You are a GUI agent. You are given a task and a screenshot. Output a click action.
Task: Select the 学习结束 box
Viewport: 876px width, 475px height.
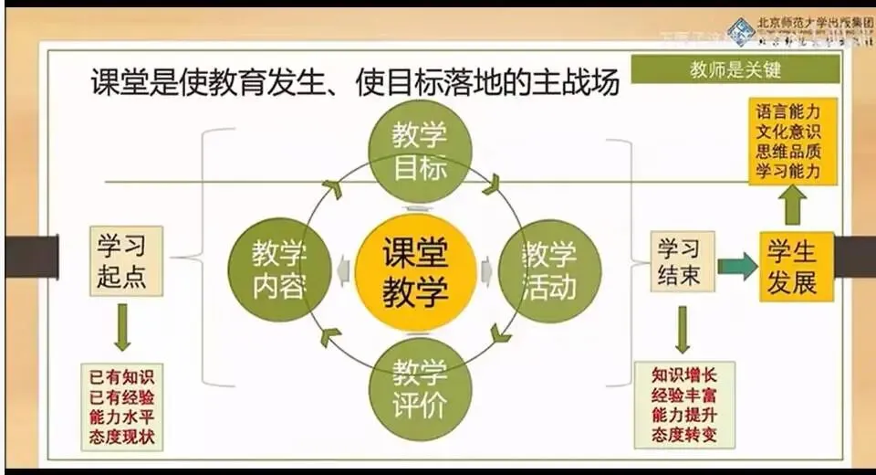pos(681,260)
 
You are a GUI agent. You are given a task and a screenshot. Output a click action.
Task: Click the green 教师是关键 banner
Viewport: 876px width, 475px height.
pos(735,69)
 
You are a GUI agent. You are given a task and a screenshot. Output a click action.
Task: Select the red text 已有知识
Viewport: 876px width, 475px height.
pos(122,375)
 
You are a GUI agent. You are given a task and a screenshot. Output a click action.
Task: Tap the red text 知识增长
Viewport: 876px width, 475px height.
pos(684,375)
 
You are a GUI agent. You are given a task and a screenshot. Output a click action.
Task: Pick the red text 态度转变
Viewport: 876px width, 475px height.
pos(684,435)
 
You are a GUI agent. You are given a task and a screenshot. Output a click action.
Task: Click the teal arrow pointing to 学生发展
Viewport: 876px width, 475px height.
pos(737,266)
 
